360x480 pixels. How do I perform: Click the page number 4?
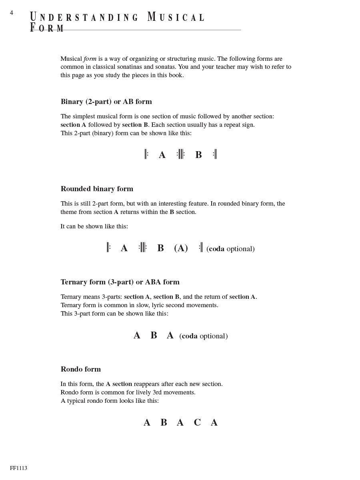pyautogui.click(x=12, y=13)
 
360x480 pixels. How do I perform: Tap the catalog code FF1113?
pyautogui.click(x=18, y=468)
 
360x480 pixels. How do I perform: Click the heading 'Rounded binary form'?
pyautogui.click(x=97, y=189)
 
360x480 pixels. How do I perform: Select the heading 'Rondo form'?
pyautogui.click(x=81, y=369)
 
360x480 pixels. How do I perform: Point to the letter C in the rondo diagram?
pyautogui.click(x=197, y=422)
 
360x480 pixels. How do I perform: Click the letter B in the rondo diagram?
pyautogui.click(x=164, y=422)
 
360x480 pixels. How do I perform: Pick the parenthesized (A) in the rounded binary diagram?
pyautogui.click(x=181, y=248)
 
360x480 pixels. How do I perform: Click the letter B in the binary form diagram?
pyautogui.click(x=198, y=155)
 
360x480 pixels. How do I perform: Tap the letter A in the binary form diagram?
pyautogui.click(x=162, y=155)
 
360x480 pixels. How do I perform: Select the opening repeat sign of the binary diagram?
pyautogui.click(x=146, y=154)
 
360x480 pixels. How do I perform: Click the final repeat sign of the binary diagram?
pyautogui.click(x=215, y=154)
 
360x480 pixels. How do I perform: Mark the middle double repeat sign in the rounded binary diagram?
pyautogui.click(x=143, y=248)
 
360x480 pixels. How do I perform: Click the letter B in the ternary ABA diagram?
pyautogui.click(x=154, y=336)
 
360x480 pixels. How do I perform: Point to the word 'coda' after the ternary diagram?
pyautogui.click(x=190, y=336)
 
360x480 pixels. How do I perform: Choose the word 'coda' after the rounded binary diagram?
pyautogui.click(x=217, y=249)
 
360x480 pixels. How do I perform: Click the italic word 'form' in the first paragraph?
pyautogui.click(x=90, y=59)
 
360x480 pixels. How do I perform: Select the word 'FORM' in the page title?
pyautogui.click(x=47, y=28)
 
